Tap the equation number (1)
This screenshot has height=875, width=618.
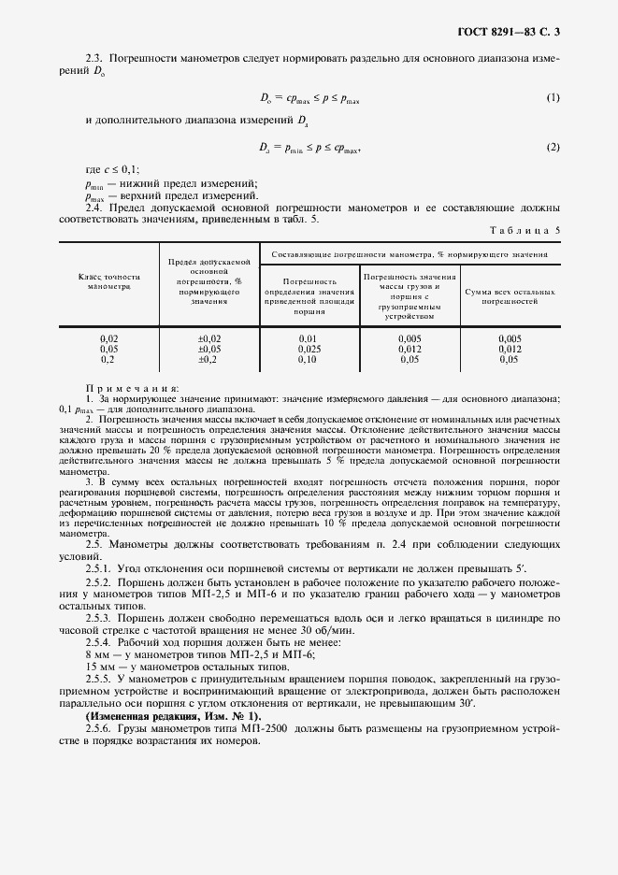(553, 98)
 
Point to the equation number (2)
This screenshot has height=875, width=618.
(553, 148)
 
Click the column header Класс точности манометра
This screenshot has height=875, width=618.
(108, 281)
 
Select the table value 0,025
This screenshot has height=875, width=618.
(308, 348)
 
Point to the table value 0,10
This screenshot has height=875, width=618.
(308, 359)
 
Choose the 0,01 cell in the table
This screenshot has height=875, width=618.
(308, 337)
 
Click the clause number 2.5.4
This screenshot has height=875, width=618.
(99, 643)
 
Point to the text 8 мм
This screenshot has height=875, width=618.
(98, 656)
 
